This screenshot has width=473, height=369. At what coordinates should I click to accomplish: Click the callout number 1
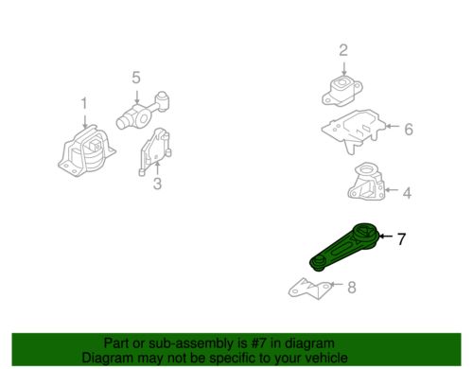point(82,103)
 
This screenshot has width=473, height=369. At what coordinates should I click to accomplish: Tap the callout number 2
point(343,50)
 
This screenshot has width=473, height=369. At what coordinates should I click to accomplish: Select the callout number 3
point(157,184)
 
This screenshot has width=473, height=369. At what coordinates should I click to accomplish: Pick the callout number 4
point(407,195)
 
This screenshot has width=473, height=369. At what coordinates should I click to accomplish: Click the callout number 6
point(409,130)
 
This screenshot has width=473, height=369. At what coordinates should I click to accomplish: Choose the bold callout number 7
point(400,239)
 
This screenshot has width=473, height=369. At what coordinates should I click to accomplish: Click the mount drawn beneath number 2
point(343,94)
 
